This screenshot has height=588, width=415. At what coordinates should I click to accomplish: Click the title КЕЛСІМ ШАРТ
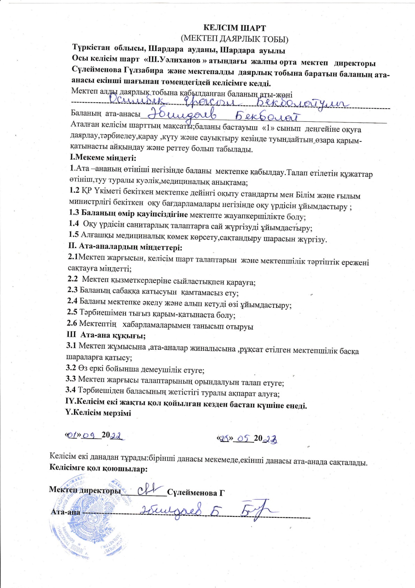point(234,28)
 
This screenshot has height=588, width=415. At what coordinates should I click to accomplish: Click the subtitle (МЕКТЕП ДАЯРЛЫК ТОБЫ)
point(234,39)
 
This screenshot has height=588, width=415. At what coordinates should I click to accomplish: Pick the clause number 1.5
point(74,235)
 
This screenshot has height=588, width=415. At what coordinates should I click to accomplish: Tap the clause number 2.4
point(72,300)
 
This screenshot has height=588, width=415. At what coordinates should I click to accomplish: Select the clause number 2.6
point(72,323)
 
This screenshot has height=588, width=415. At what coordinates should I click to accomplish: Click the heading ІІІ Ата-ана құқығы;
point(106,335)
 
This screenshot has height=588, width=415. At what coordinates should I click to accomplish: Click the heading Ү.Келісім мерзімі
point(98,413)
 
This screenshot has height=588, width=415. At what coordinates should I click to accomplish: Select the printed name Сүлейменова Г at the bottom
point(196,493)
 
